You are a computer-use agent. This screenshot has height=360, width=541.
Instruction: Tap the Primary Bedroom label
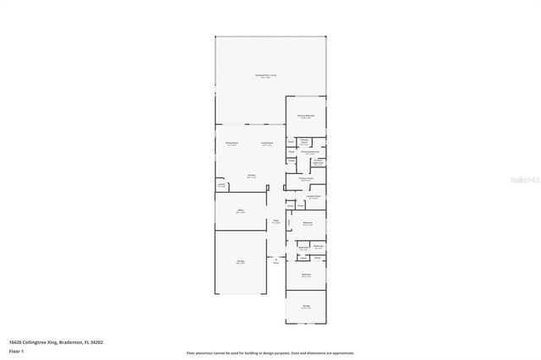coord(305,117)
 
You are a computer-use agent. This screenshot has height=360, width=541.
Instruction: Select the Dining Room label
coord(231,144)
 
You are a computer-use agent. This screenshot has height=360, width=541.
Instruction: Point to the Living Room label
coord(266,144)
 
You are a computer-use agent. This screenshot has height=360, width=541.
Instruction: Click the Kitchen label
coord(251,177)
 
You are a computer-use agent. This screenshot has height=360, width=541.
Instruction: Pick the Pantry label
coord(221,185)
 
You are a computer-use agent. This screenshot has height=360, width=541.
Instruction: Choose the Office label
coord(240,212)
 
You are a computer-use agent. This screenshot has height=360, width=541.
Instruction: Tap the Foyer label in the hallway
coord(276,222)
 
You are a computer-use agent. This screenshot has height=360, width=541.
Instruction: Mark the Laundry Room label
coord(313,198)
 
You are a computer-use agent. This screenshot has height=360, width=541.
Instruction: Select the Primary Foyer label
coord(305,179)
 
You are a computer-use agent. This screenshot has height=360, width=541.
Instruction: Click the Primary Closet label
coord(304,143)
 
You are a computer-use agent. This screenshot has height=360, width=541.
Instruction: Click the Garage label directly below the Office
coord(240,264)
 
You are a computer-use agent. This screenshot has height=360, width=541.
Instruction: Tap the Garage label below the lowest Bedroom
coord(305,308)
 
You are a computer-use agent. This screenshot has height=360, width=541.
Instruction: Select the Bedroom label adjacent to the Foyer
coord(308,224)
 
